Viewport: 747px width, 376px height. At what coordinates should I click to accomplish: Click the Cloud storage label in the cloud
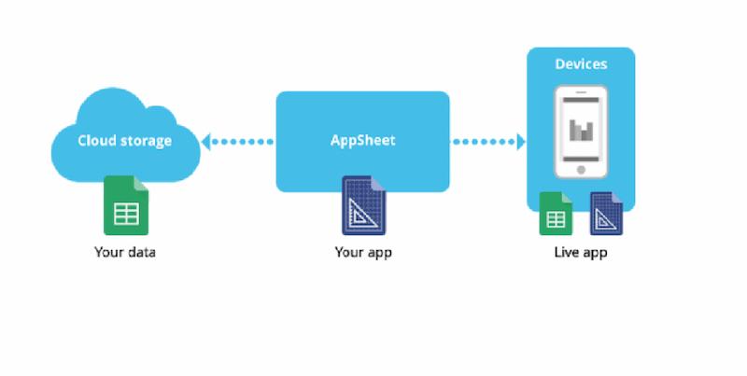(x=124, y=141)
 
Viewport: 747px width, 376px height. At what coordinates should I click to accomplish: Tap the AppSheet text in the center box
(x=362, y=141)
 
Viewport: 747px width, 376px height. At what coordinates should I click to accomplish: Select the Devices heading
(x=581, y=64)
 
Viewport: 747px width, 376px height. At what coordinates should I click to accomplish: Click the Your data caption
(x=124, y=252)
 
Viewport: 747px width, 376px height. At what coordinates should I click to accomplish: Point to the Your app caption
(x=362, y=252)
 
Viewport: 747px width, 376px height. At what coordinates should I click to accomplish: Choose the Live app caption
(x=580, y=252)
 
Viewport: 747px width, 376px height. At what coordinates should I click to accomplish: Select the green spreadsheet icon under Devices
(x=556, y=214)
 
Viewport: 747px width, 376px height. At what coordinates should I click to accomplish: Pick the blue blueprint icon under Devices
(x=606, y=214)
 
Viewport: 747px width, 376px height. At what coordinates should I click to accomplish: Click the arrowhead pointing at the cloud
(x=208, y=142)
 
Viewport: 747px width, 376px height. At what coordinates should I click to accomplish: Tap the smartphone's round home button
(x=581, y=171)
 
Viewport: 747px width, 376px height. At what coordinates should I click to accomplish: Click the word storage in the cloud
(x=146, y=141)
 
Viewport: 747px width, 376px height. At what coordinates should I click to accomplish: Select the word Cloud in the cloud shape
(x=97, y=141)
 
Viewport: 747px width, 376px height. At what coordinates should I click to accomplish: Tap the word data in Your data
(x=140, y=252)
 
